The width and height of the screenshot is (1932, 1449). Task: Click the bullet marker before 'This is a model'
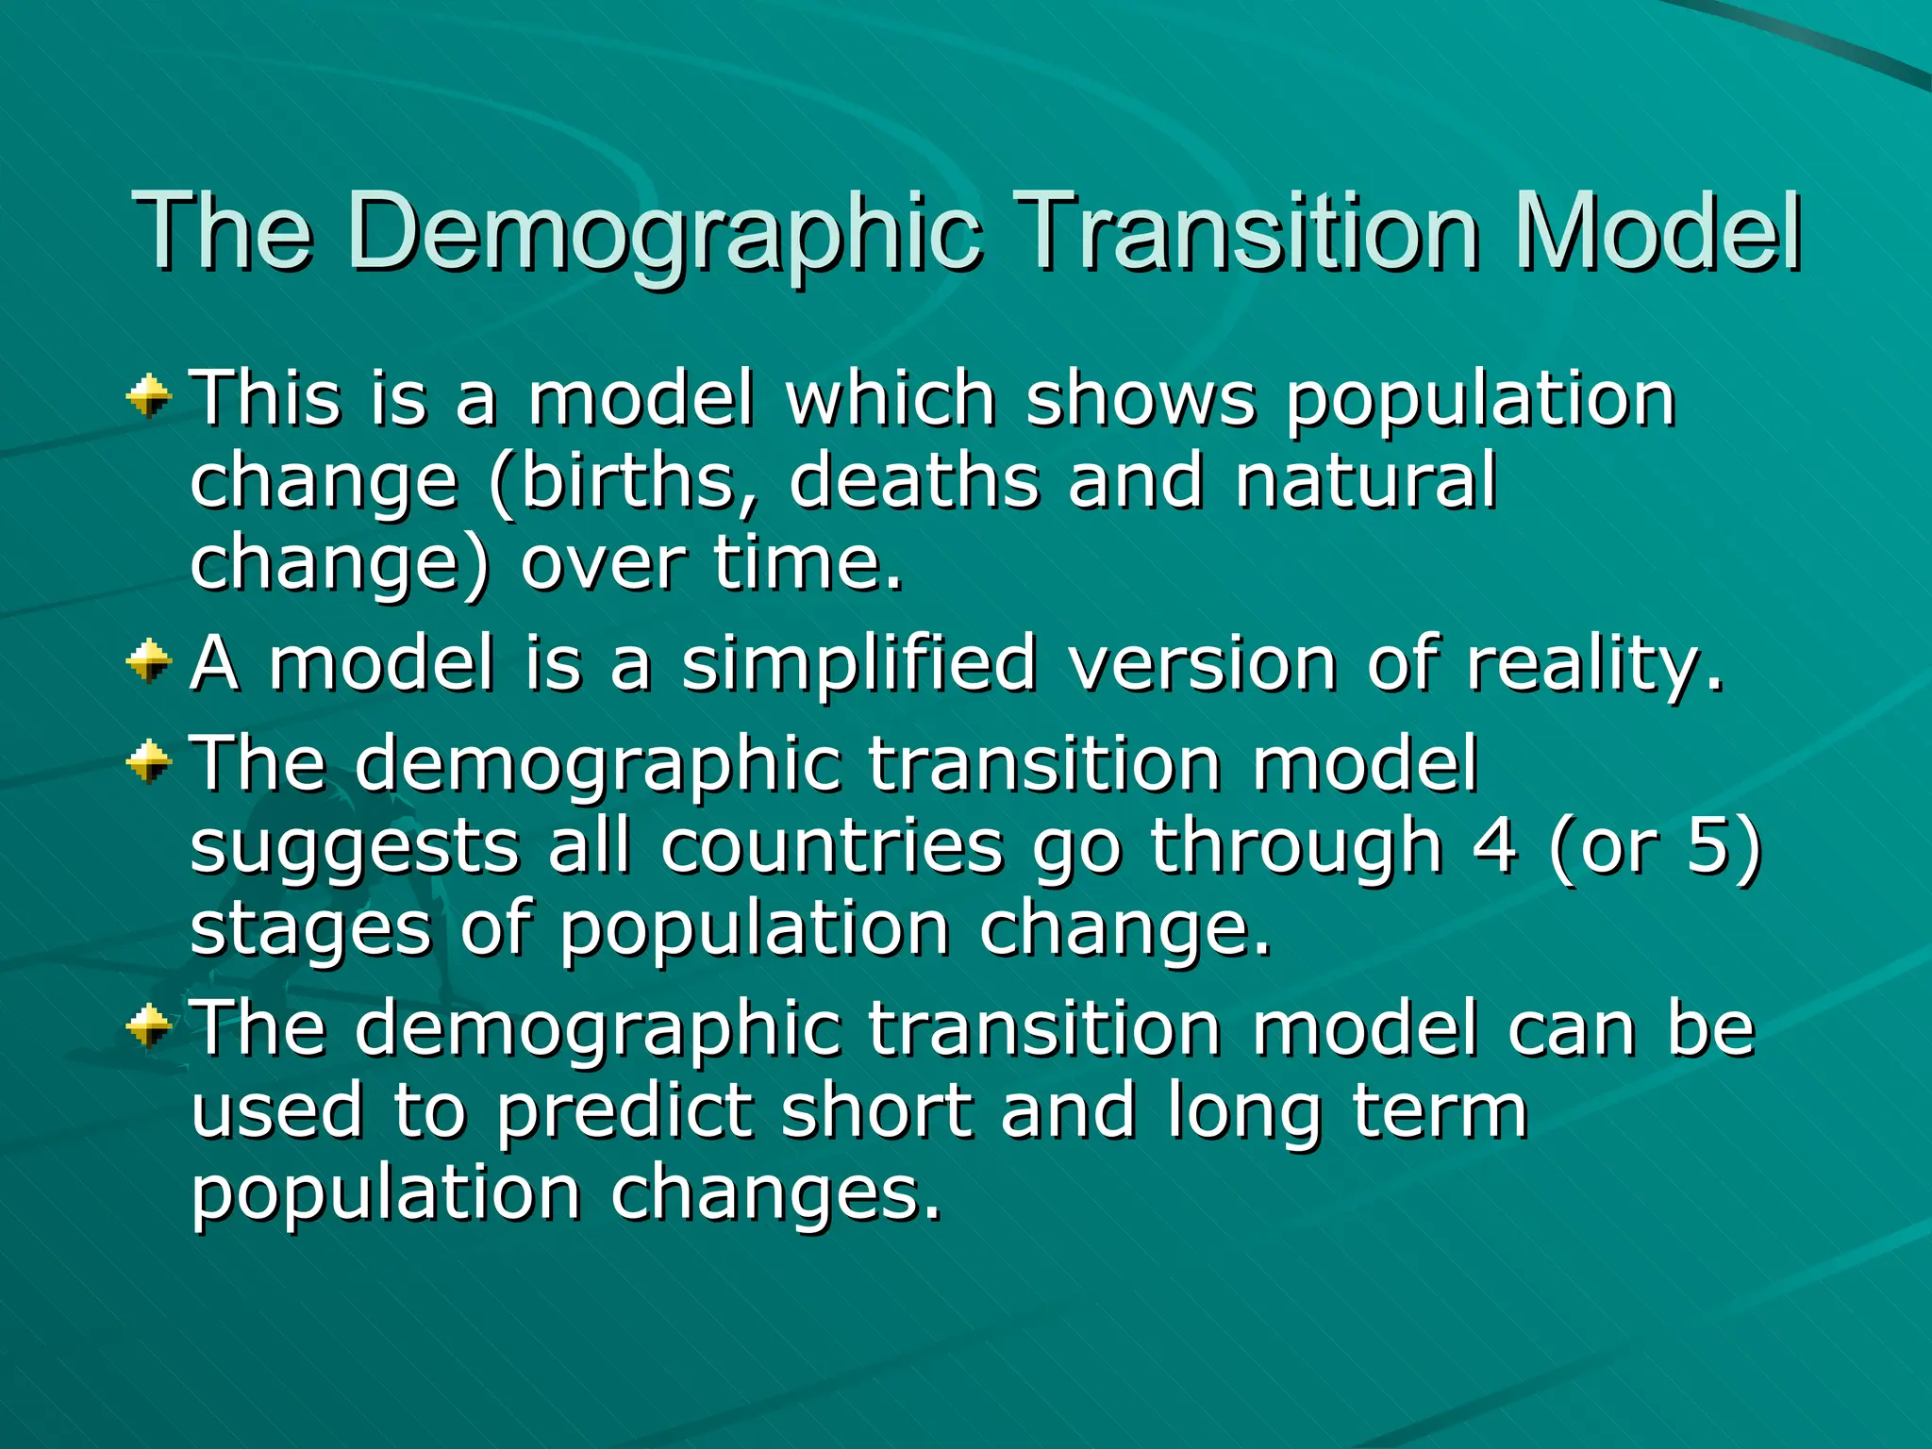coord(149,395)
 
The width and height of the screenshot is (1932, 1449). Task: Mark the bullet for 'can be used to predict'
coord(149,1025)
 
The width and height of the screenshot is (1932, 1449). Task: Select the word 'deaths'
coord(914,480)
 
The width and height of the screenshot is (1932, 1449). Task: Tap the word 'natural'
coord(1365,480)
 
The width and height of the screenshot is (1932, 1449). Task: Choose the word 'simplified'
coord(858,664)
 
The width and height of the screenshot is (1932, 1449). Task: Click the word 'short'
coord(877,1109)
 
